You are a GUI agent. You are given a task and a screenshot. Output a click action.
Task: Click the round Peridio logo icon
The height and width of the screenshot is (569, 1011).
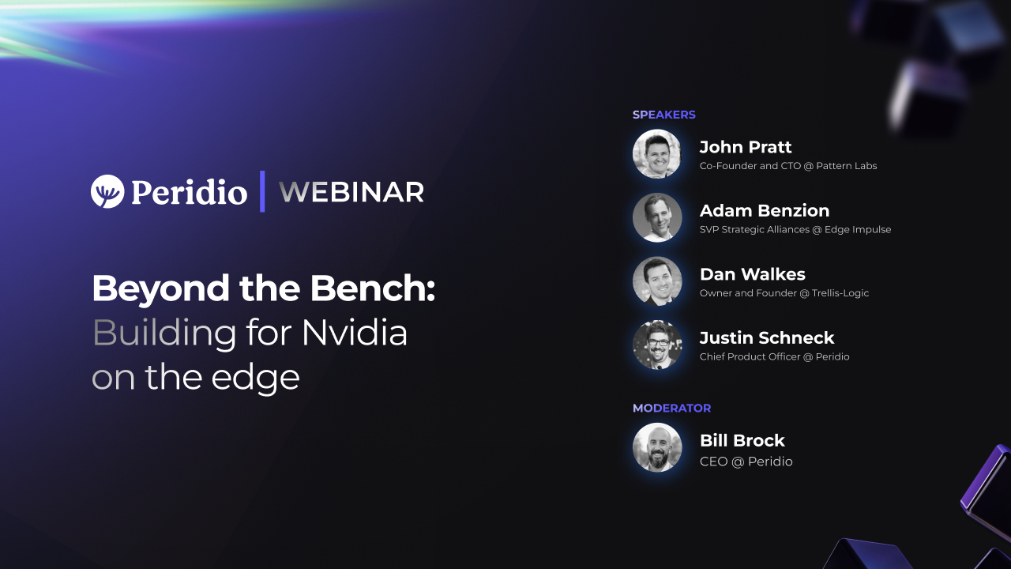[x=107, y=191]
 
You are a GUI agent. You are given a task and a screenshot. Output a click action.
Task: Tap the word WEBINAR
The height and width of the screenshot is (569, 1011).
[x=351, y=192]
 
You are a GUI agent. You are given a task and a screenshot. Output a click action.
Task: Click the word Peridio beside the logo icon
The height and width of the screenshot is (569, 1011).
[x=190, y=192]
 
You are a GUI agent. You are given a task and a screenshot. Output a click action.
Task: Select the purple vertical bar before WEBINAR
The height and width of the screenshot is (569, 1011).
[x=262, y=191]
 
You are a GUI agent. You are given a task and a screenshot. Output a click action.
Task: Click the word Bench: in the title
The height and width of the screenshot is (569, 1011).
[x=372, y=288]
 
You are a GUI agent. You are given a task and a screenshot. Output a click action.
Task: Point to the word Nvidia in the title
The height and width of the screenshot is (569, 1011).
[x=355, y=333]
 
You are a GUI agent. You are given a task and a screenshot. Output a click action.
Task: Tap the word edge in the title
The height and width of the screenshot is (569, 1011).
[x=255, y=379]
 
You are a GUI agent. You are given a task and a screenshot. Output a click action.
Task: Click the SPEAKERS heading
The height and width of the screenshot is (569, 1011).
[x=664, y=115]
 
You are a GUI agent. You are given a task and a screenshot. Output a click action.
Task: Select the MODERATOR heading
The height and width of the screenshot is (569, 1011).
[x=671, y=409]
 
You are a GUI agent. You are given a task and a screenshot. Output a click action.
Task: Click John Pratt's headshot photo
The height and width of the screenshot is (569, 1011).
[x=657, y=154]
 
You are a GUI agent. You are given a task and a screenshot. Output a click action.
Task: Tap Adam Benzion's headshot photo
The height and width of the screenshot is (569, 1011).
[x=657, y=217]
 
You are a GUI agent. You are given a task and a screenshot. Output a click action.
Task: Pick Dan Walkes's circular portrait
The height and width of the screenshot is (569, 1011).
[x=657, y=281]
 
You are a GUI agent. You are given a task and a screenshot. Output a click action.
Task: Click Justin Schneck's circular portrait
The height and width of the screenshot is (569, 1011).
[x=657, y=345]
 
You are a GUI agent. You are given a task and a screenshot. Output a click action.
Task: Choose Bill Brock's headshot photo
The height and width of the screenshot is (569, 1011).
[x=657, y=447]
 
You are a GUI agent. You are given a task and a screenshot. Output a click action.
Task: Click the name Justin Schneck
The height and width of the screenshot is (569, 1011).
[x=767, y=337]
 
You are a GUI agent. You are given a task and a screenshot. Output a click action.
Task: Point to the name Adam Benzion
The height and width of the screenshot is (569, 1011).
[x=765, y=211]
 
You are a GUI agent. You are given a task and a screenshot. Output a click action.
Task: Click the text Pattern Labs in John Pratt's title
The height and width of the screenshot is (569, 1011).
[x=846, y=166]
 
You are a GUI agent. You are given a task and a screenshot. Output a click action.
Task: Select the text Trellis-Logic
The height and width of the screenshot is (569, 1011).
[x=840, y=293]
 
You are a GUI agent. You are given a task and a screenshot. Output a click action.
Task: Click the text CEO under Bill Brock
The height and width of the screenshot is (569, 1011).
[x=713, y=462]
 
